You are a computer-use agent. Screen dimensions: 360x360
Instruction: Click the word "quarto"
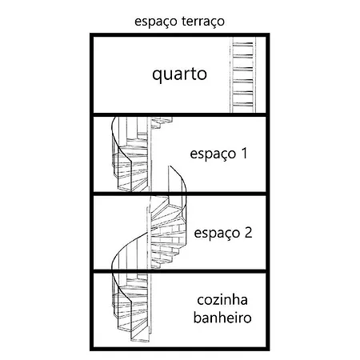point(179,74)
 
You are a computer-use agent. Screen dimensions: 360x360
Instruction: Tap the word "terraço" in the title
point(203,22)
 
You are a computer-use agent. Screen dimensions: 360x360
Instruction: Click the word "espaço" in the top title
point(156,22)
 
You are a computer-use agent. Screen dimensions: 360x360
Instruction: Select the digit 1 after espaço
point(244,154)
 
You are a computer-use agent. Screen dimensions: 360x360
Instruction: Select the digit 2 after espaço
point(248,232)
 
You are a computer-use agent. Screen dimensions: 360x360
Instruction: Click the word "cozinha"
point(222,300)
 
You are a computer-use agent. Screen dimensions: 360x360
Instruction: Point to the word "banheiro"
point(222,318)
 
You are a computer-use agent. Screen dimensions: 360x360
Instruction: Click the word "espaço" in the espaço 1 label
point(213,154)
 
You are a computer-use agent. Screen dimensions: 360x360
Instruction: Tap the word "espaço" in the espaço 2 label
point(217,234)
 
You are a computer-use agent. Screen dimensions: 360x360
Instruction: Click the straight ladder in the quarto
point(242,74)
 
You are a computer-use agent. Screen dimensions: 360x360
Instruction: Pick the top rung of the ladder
point(242,43)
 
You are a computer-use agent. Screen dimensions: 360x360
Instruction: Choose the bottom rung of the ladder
point(242,104)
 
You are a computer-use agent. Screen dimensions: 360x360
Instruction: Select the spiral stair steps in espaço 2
point(167,232)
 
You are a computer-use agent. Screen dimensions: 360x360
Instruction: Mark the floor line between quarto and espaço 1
point(180,115)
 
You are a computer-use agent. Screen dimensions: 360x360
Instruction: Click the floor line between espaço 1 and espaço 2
point(180,194)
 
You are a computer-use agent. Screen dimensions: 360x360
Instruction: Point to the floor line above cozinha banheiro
point(180,271)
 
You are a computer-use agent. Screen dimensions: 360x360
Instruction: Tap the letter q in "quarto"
point(157,76)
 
